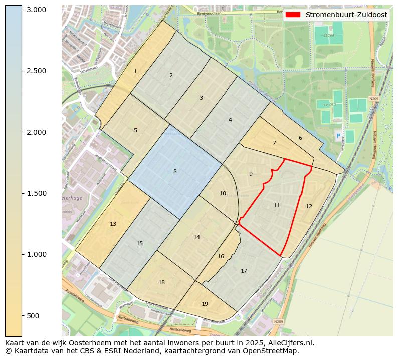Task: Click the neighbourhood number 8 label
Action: pos(175,171)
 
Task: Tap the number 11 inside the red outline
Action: pos(277,205)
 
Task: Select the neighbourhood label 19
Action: pos(205,304)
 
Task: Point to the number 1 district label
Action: pos(135,72)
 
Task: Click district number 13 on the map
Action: pos(113,224)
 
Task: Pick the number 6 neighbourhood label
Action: pos(300,138)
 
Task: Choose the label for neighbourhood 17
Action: pos(244,271)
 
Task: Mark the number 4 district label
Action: pos(230,120)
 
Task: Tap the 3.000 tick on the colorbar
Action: pos(36,10)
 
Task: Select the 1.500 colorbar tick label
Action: pos(36,193)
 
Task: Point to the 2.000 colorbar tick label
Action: pos(36,132)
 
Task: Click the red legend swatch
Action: pos(293,15)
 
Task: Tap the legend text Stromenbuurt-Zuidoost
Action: pos(346,15)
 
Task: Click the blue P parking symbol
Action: pos(338,136)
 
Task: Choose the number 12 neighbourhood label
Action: pos(309,206)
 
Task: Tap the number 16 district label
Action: pos(221,256)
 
